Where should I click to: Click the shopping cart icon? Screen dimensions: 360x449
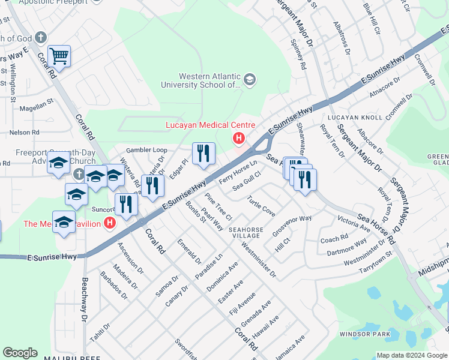(x=59, y=56)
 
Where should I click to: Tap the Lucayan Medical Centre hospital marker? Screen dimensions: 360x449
(x=239, y=139)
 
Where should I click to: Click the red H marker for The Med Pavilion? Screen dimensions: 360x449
(x=109, y=224)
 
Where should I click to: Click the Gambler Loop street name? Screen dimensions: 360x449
(x=146, y=150)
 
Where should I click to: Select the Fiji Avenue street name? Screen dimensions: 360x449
(x=243, y=304)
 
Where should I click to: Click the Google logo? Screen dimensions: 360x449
(x=20, y=353)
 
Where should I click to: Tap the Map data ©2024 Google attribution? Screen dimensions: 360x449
(x=411, y=355)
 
